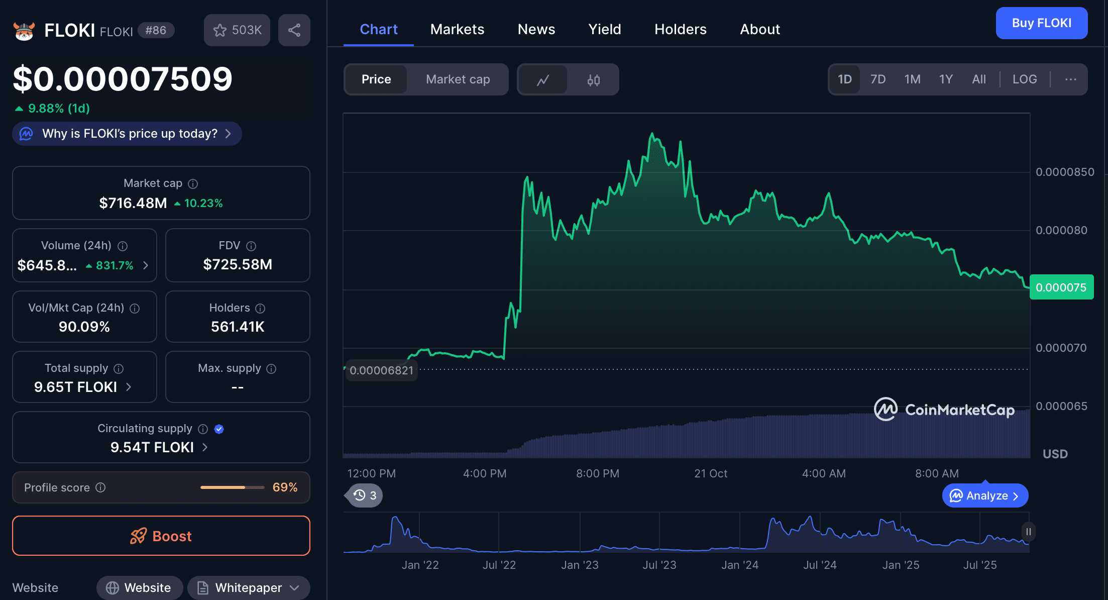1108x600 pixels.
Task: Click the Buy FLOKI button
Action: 1041,23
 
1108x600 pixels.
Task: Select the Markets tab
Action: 457,29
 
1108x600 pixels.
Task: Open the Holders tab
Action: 680,29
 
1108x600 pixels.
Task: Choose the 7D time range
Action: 877,79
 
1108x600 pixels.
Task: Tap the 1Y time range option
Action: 946,79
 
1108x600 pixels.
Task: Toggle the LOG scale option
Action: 1024,79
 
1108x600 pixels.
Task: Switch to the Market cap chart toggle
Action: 458,79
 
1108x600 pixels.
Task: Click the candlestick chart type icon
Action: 593,80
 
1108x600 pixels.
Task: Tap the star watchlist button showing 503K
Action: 237,30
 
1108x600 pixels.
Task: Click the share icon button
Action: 294,30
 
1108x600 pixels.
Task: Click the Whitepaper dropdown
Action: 249,587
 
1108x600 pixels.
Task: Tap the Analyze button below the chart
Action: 985,496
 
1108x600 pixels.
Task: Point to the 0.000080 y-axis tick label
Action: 1061,230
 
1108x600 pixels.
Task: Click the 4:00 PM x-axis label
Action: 485,473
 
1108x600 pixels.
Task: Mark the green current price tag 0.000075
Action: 1061,287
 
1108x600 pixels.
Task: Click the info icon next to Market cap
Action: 193,184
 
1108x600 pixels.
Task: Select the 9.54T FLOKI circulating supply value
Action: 152,447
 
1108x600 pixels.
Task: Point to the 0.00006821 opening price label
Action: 381,370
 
